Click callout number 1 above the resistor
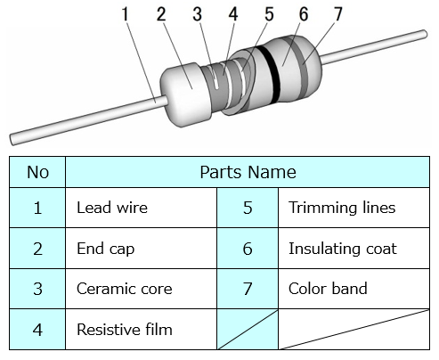click(126, 14)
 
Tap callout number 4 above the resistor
click(233, 14)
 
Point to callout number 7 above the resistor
click(338, 14)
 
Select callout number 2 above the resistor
click(161, 14)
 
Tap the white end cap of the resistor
click(185, 94)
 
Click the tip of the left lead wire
click(12, 140)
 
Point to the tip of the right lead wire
click(425, 34)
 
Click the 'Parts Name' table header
click(248, 172)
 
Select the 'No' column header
click(37, 172)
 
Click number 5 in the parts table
click(248, 208)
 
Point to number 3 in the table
click(37, 289)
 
